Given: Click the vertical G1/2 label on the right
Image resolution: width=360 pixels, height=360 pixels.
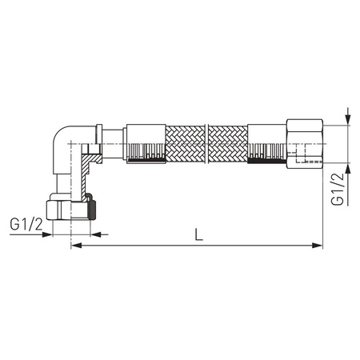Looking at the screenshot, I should click(337, 190).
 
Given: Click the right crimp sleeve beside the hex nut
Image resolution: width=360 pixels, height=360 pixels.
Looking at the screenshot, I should click(266, 144).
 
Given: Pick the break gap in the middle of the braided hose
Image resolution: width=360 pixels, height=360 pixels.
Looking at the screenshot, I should click(207, 144).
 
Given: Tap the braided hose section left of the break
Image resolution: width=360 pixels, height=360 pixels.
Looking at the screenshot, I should click(186, 144).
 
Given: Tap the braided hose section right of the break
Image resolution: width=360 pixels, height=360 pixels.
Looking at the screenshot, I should click(229, 144).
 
